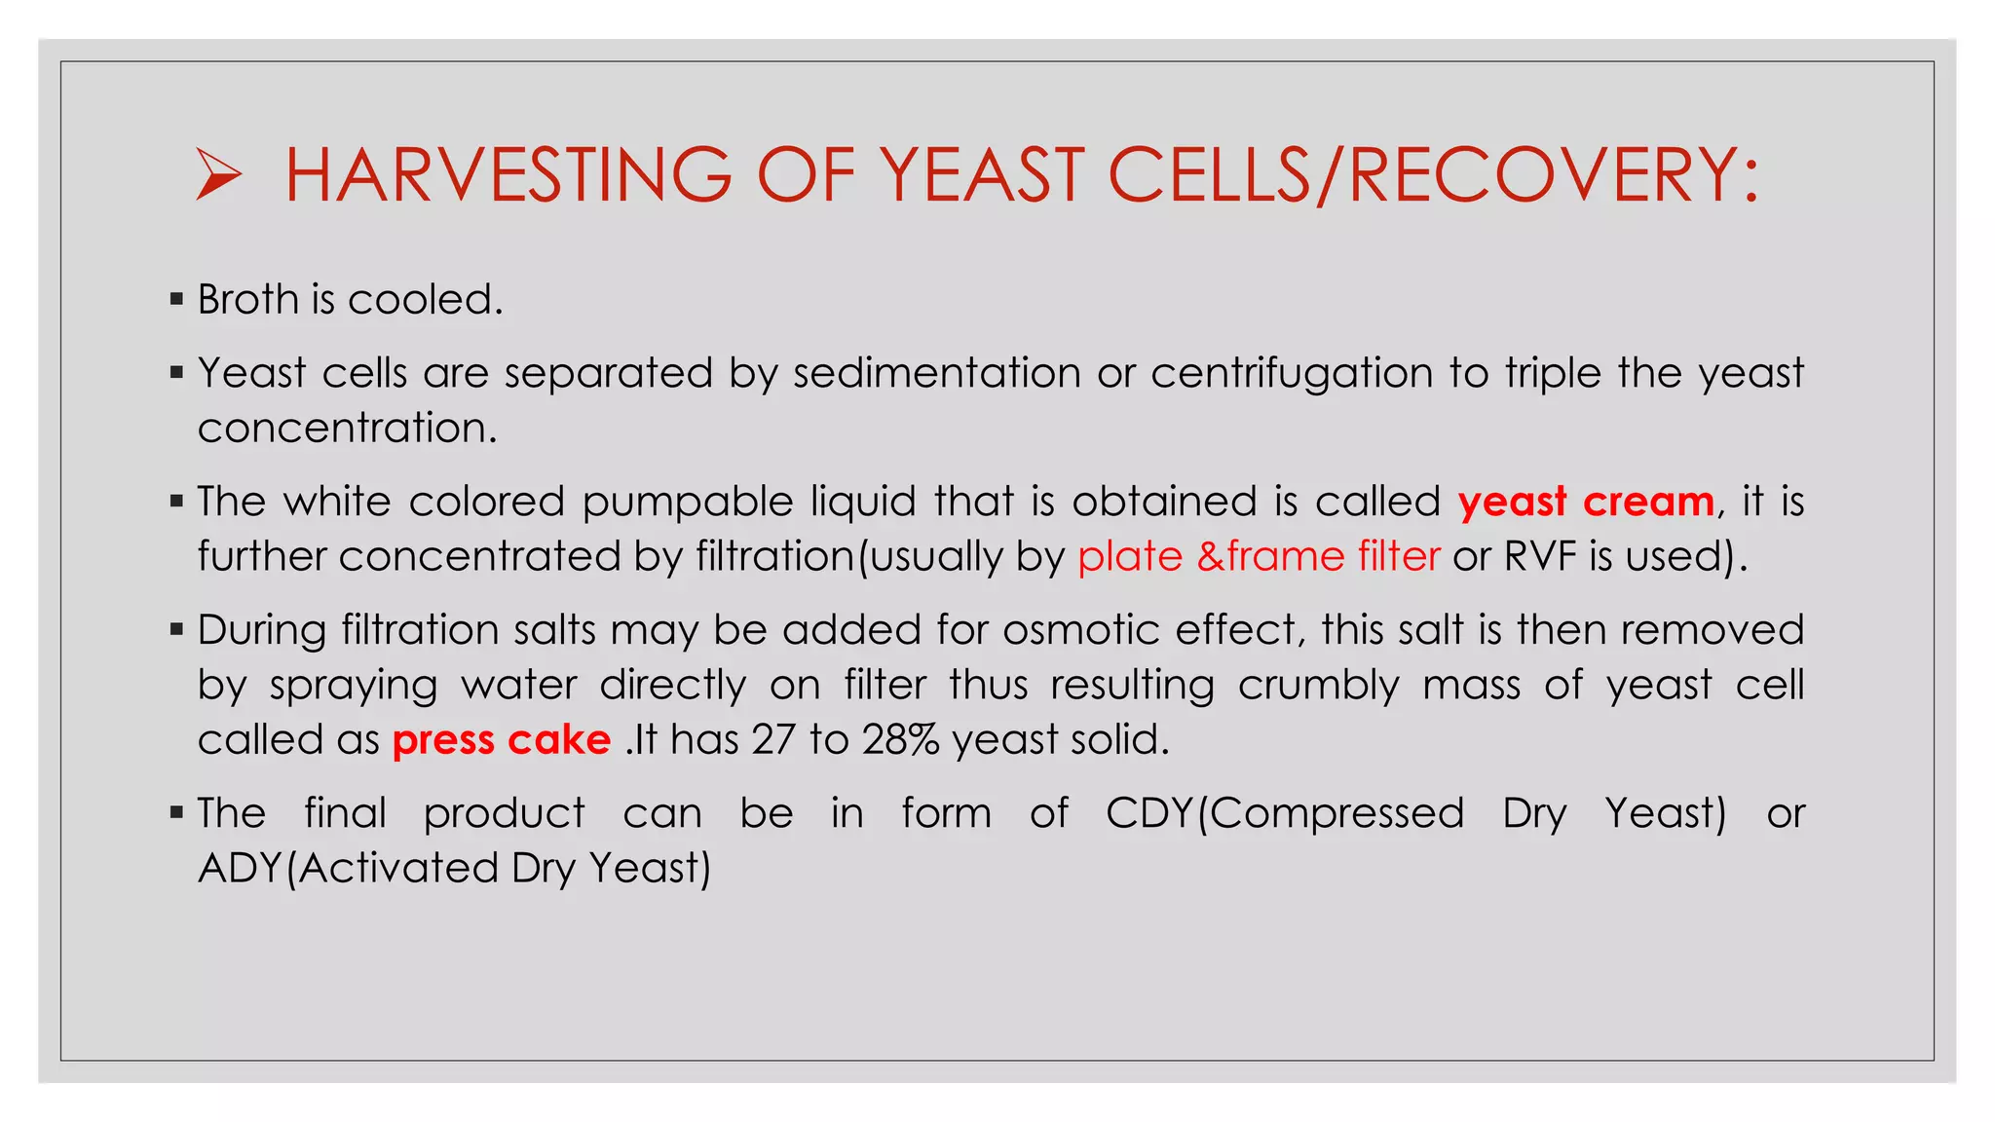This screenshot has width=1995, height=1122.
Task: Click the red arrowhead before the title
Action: pyautogui.click(x=218, y=174)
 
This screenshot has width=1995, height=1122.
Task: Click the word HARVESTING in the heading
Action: pyautogui.click(x=508, y=175)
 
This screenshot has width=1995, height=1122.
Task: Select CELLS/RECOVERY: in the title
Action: pyautogui.click(x=1433, y=175)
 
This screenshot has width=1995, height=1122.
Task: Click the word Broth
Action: pyautogui.click(x=248, y=299)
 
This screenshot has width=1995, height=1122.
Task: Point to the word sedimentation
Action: pyautogui.click(x=936, y=373)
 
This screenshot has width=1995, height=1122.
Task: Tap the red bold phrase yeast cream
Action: pyautogui.click(x=1586, y=502)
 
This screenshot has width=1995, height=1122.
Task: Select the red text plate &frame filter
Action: pyautogui.click(x=1259, y=556)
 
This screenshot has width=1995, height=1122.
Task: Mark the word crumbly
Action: pyautogui.click(x=1318, y=686)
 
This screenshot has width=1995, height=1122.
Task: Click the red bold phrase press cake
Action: pyautogui.click(x=501, y=740)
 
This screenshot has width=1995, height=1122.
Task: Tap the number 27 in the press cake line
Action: pyautogui.click(x=773, y=739)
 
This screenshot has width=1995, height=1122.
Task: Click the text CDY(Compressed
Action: pyautogui.click(x=1284, y=813)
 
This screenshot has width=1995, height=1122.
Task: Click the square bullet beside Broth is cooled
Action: pyautogui.click(x=176, y=299)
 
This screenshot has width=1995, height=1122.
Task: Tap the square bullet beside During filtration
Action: pyautogui.click(x=176, y=630)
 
